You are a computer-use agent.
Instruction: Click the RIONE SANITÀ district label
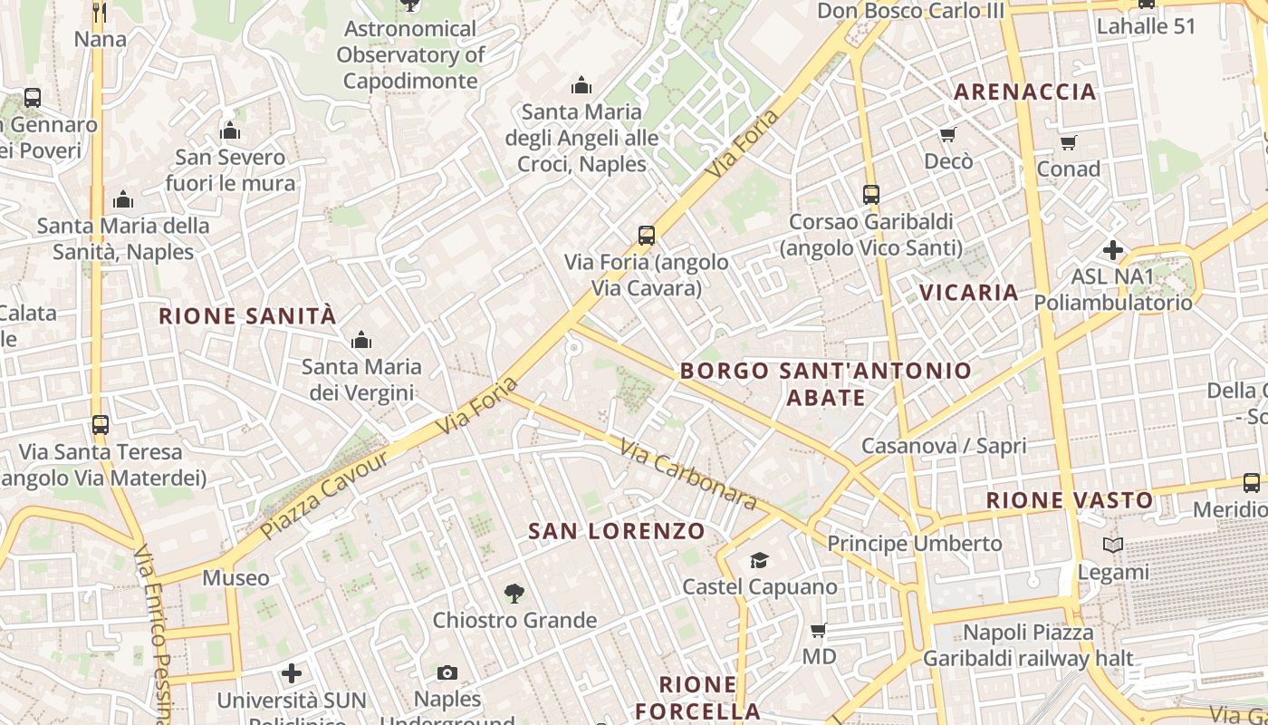click(247, 316)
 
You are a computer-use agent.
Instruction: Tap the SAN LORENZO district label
click(617, 531)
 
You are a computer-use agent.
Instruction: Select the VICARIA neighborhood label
click(969, 293)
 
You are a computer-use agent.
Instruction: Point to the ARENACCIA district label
click(1025, 92)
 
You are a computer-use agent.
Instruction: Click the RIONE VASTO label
click(1070, 500)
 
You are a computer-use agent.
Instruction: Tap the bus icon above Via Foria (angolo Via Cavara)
click(647, 236)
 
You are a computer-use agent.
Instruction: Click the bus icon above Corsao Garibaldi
click(871, 195)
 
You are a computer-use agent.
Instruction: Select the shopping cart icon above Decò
click(948, 135)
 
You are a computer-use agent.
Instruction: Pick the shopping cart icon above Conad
click(1069, 142)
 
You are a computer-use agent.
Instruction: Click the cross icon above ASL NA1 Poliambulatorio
click(1113, 250)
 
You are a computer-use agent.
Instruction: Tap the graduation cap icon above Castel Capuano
click(759, 561)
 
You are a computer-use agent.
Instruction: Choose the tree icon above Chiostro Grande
click(514, 594)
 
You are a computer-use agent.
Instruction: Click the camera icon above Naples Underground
click(447, 672)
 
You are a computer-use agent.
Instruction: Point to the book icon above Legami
click(1113, 546)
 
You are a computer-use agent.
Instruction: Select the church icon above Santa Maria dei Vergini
click(361, 341)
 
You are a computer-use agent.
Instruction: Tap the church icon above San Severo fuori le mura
click(230, 131)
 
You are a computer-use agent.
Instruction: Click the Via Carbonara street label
click(689, 474)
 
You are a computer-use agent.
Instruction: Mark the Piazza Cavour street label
click(325, 494)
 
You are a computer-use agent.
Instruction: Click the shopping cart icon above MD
click(819, 630)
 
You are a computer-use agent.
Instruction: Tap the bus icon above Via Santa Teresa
click(101, 424)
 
